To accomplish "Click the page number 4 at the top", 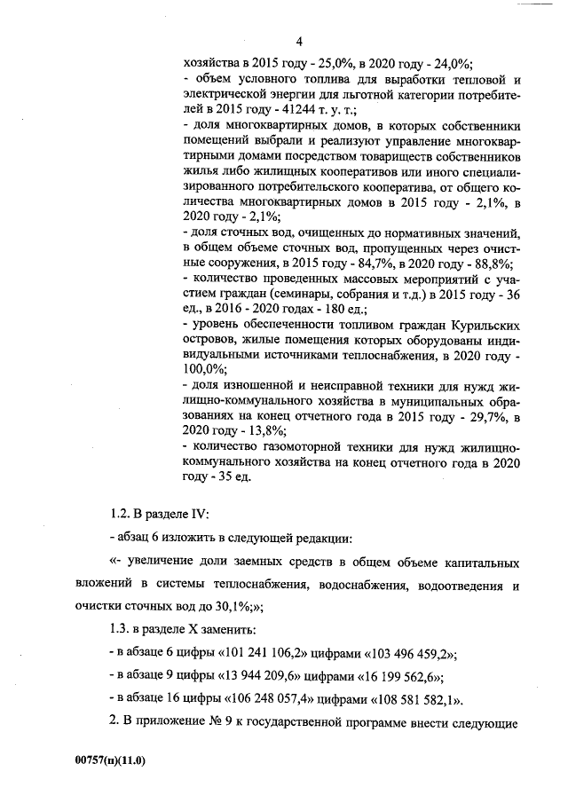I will tap(299, 43).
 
